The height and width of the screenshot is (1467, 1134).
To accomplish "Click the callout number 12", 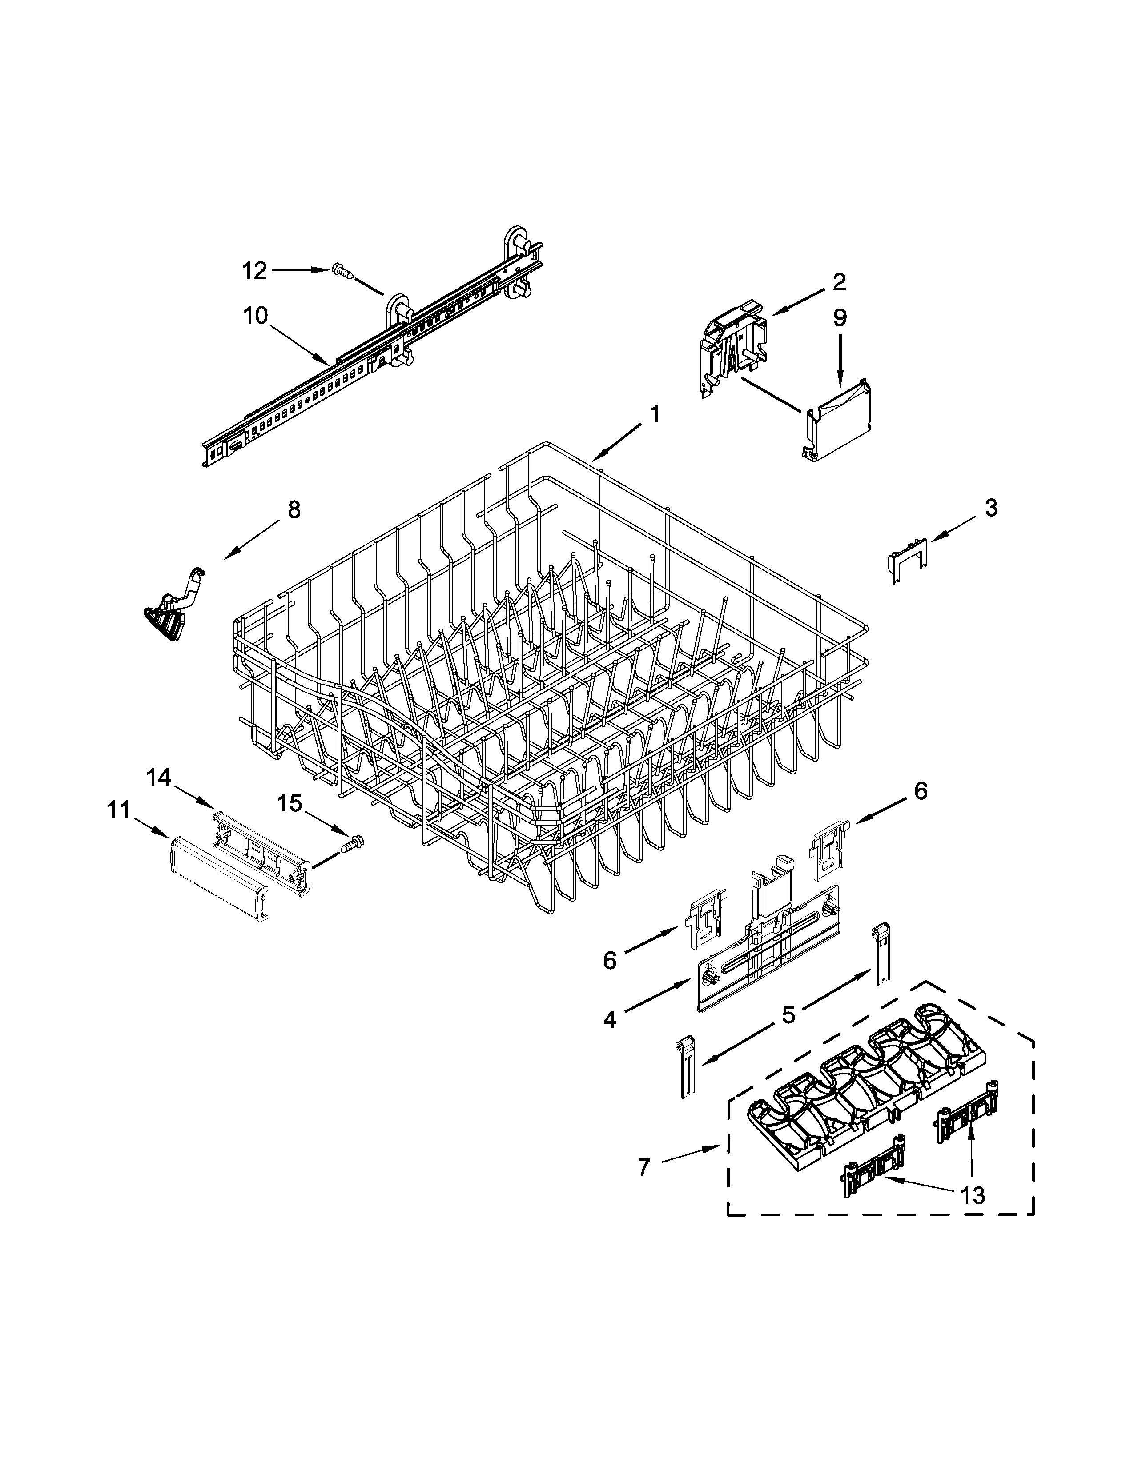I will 255,271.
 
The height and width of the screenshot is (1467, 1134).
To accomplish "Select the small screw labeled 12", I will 342,271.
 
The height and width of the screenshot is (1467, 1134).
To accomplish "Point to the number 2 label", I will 839,282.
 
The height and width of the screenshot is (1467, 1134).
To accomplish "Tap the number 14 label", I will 159,778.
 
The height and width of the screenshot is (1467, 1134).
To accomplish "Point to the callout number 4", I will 609,1020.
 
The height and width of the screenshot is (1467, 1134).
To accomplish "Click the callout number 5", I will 788,1014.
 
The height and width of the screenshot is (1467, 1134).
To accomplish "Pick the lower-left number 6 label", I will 609,961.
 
